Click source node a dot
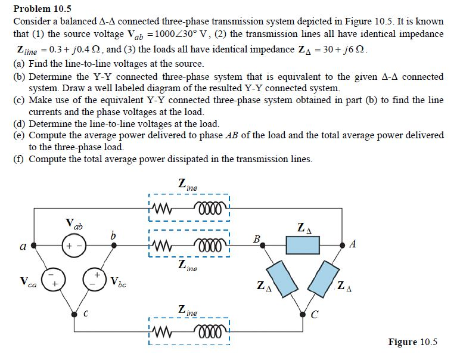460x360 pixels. pos(34,245)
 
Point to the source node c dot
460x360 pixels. pos(74,313)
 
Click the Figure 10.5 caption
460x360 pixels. pos(412,342)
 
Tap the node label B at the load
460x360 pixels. pos(256,240)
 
